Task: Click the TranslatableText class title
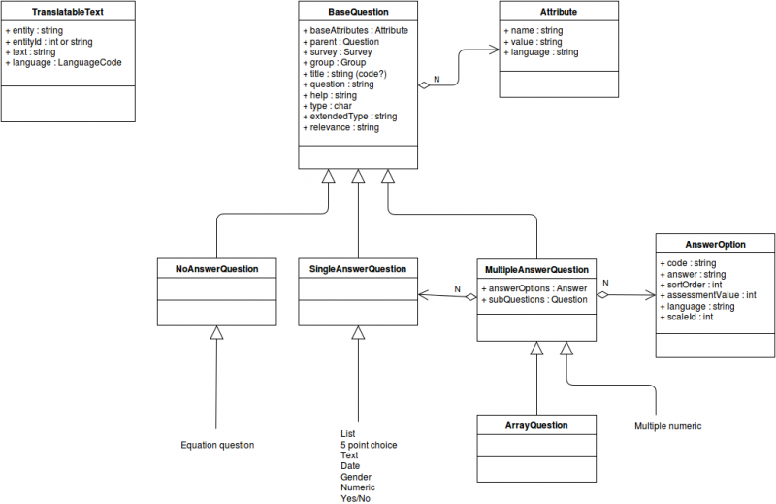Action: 68,12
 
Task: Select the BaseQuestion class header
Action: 358,12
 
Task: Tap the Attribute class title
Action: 559,12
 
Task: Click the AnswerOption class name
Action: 715,245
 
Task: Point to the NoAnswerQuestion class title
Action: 216,268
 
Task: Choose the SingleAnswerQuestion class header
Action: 358,268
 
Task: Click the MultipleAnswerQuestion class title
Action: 536,268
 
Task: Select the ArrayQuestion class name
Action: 536,425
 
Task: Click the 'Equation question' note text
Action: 217,445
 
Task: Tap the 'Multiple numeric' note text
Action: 667,426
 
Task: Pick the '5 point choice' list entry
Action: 369,445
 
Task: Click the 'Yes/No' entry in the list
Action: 355,498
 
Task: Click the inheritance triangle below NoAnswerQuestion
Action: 216,333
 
